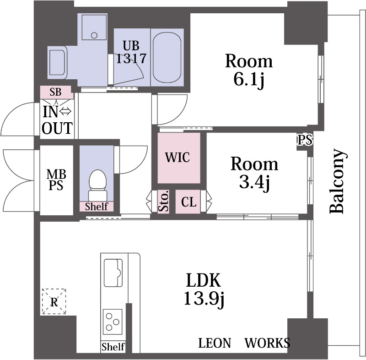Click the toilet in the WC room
click(x=97, y=185)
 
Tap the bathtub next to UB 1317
click(x=167, y=57)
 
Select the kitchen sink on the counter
click(x=113, y=273)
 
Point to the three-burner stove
click(x=113, y=322)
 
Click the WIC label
click(x=178, y=158)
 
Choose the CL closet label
click(x=188, y=202)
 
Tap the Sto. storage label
click(x=164, y=202)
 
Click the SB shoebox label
click(x=55, y=92)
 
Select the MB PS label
click(x=56, y=180)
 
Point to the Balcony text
click(x=337, y=181)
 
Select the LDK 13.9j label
click(x=204, y=289)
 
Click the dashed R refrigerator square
click(x=54, y=301)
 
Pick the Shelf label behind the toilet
click(x=97, y=207)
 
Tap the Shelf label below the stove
click(x=113, y=347)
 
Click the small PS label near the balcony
click(x=305, y=140)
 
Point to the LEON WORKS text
click(x=244, y=343)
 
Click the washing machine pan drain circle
click(x=94, y=36)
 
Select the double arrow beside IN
click(x=65, y=112)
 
